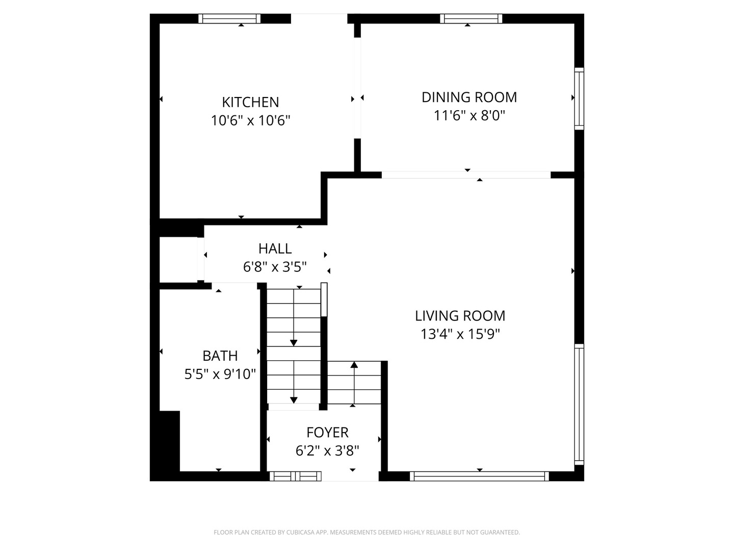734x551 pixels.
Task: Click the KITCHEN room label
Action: point(250,102)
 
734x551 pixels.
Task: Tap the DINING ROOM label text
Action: point(469,97)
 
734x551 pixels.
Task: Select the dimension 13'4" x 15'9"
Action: point(460,334)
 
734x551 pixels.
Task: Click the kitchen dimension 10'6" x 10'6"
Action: point(250,121)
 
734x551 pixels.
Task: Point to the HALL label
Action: point(275,248)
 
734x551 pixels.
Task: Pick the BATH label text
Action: point(220,356)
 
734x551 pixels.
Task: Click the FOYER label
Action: point(327,432)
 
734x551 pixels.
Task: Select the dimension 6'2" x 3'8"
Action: point(327,451)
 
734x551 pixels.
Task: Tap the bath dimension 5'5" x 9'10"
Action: point(220,374)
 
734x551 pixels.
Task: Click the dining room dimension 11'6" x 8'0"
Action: point(469,116)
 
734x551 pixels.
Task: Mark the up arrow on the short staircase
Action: point(354,365)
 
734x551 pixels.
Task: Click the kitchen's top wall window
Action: point(229,19)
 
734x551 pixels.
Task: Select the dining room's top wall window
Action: point(471,19)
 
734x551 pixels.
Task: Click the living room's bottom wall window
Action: point(479,476)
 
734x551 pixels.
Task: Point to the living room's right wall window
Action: point(579,404)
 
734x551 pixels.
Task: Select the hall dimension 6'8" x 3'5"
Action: point(275,267)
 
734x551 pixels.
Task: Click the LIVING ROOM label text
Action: point(460,316)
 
